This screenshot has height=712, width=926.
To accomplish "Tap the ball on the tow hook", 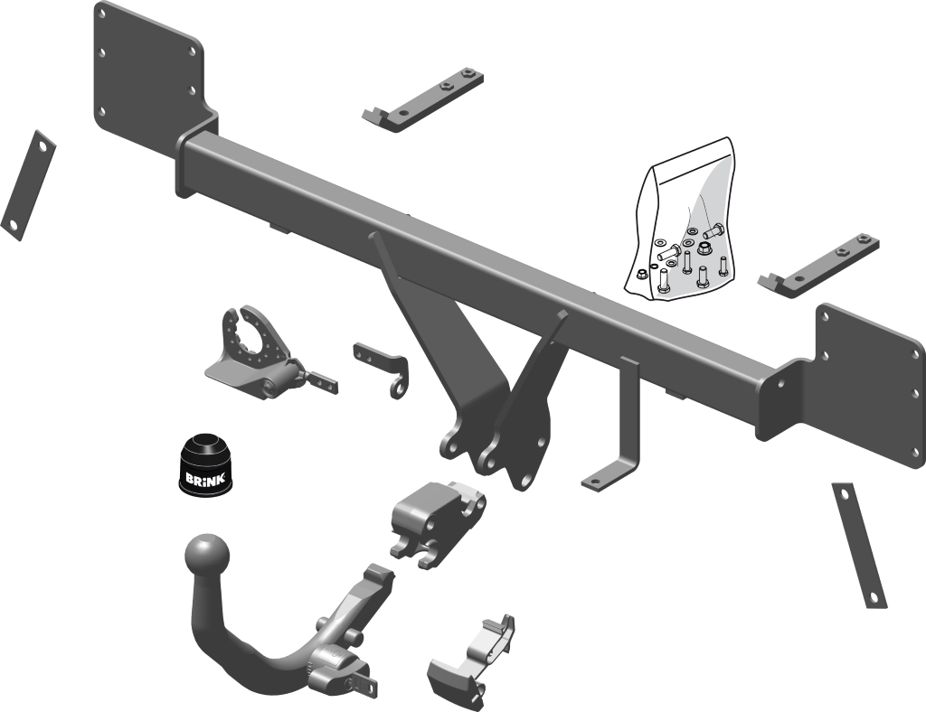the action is (206, 555).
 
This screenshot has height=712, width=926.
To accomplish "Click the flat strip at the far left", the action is (28, 184).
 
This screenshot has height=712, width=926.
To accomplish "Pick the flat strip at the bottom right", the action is (859, 545).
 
